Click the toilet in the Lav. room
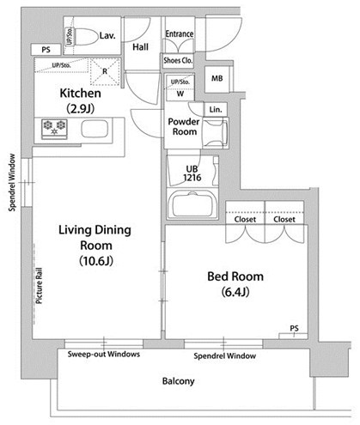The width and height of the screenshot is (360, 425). click(x=85, y=37)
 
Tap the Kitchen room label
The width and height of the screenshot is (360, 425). click(x=81, y=94)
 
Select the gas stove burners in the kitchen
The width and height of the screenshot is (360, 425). click(x=54, y=128)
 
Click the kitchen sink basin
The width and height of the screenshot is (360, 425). click(x=95, y=129)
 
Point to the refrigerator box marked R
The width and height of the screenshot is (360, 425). click(x=105, y=71)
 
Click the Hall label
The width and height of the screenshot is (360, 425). click(x=140, y=47)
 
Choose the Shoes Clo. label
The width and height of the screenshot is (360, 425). click(x=178, y=60)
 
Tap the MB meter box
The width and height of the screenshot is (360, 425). click(x=217, y=79)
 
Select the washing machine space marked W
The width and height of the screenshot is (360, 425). click(x=180, y=88)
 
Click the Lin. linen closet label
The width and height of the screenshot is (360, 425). click(x=216, y=110)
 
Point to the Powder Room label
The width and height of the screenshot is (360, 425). click(x=184, y=126)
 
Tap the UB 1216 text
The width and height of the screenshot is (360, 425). click(x=192, y=173)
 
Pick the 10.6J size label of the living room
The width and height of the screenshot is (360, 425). click(x=96, y=261)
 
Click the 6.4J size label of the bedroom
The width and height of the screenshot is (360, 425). click(x=235, y=292)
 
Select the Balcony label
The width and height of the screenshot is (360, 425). click(x=178, y=381)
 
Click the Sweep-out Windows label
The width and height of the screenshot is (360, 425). click(x=104, y=355)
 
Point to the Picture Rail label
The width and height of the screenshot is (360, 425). click(x=39, y=286)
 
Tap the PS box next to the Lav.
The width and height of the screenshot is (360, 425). click(x=46, y=50)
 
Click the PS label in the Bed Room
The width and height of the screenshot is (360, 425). click(x=295, y=328)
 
